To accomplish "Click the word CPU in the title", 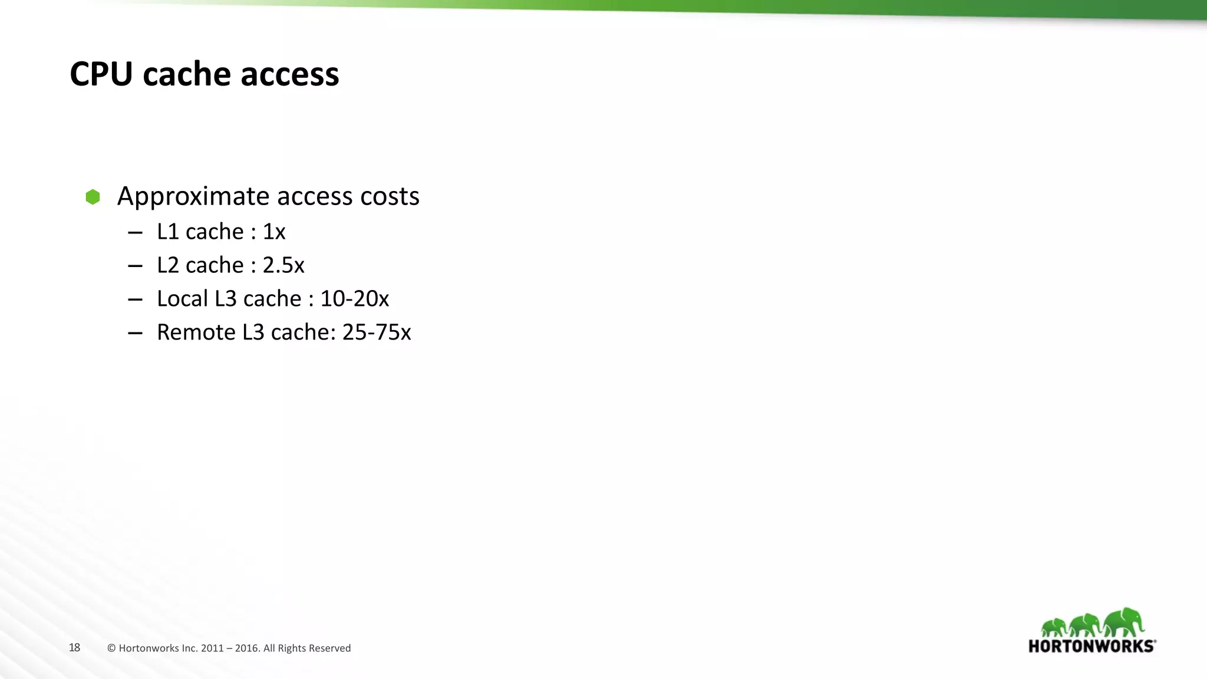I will pos(101,74).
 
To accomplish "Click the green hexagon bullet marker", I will pos(93,197).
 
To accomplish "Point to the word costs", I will pos(390,196).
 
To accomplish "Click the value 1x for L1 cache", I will pos(274,232).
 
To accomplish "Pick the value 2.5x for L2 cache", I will pos(283,265).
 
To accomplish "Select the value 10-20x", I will pos(354,299).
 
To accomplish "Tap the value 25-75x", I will pos(377,332).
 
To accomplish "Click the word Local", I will pos(182,299).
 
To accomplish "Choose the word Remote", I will pos(196,332).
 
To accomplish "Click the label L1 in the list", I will pos(168,232).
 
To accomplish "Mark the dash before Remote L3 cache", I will pos(135,333).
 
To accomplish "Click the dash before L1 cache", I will pos(135,233).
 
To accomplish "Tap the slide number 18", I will pos(74,648).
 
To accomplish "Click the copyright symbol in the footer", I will pos(111,648).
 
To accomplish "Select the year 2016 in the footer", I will pos(247,648).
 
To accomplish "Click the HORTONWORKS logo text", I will pos(1091,646).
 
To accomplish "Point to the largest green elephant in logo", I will pos(1124,622).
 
